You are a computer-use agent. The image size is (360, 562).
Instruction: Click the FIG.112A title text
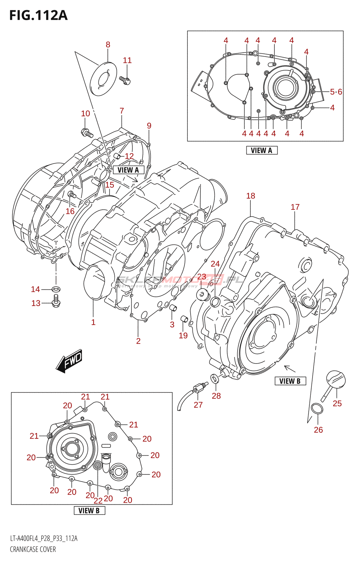(38, 15)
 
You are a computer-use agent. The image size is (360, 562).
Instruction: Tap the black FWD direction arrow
(69, 361)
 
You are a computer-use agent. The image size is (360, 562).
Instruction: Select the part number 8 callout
(108, 45)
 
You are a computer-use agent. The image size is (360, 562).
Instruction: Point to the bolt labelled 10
(86, 133)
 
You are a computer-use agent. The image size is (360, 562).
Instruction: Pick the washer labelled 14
(56, 289)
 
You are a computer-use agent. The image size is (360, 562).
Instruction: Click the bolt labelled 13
(56, 301)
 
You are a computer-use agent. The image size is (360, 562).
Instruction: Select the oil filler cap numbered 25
(336, 380)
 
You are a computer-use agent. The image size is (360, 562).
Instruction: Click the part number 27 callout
(198, 405)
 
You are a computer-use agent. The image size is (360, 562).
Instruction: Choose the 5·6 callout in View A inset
(336, 92)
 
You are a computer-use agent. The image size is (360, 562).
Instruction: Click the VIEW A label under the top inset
(262, 150)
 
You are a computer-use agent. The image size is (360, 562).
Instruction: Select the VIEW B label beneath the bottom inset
(89, 510)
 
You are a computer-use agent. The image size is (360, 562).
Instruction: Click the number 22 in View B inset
(98, 501)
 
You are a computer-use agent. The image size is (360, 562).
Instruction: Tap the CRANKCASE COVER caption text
(33, 549)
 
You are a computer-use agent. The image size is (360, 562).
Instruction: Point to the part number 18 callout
(251, 196)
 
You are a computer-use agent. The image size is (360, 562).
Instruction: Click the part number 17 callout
(295, 207)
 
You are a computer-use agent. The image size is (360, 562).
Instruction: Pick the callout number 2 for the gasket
(138, 341)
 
